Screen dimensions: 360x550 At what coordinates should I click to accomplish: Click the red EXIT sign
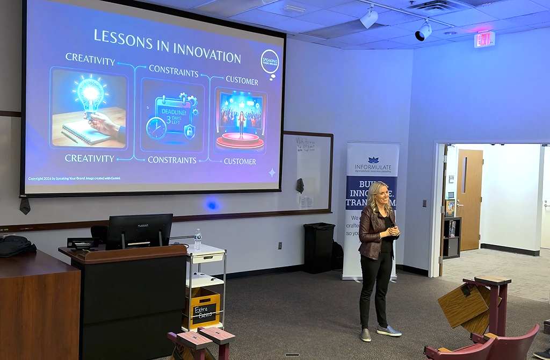[x=484, y=39]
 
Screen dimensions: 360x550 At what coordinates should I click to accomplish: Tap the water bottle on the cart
[x=198, y=240]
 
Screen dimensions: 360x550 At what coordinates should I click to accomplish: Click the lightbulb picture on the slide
[x=89, y=107]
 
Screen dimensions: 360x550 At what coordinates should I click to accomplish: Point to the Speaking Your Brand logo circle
[x=270, y=61]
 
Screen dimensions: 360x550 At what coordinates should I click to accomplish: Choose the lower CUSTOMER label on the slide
[x=240, y=161]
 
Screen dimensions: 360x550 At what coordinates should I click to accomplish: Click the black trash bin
[x=319, y=248]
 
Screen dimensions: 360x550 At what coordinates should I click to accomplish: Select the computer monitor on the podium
[x=139, y=231]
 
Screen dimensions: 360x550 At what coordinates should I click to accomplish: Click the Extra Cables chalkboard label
[x=204, y=311]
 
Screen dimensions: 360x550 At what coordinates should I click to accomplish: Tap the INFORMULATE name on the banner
[x=372, y=167]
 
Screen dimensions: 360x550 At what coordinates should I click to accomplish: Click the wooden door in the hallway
[x=469, y=199]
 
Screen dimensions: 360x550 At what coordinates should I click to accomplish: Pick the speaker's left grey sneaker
[x=388, y=331]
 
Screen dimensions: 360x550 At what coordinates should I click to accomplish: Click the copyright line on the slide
[x=74, y=178]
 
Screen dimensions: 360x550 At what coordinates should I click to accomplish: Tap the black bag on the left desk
[x=16, y=246]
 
